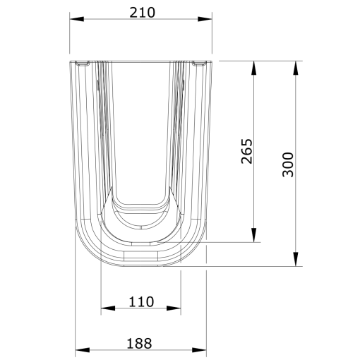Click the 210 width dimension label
[142, 12]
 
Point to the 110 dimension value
[141, 301]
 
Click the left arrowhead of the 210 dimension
[76, 20]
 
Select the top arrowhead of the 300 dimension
[295, 67]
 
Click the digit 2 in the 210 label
[133, 12]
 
